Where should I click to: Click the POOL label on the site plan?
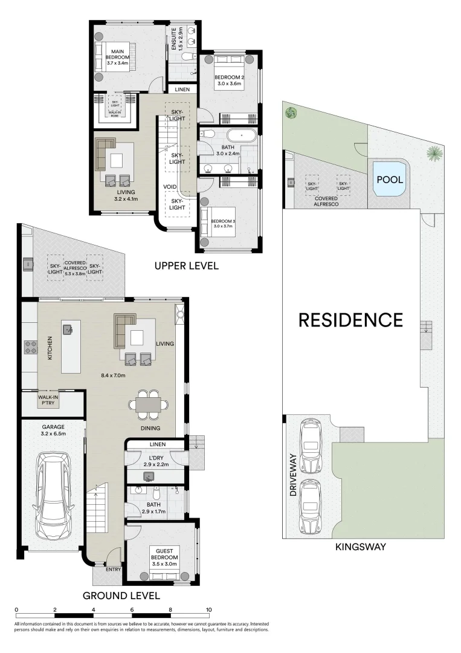point(390,180)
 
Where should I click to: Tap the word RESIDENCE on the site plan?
point(350,319)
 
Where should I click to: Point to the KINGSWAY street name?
point(361,547)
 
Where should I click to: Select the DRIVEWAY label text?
point(292,475)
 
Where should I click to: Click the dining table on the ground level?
point(148,401)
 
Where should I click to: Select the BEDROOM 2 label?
point(229,81)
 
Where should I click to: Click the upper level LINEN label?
point(182,89)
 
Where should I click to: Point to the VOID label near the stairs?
point(169,187)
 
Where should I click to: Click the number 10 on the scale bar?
point(209,609)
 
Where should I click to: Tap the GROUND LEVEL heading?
point(121,595)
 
